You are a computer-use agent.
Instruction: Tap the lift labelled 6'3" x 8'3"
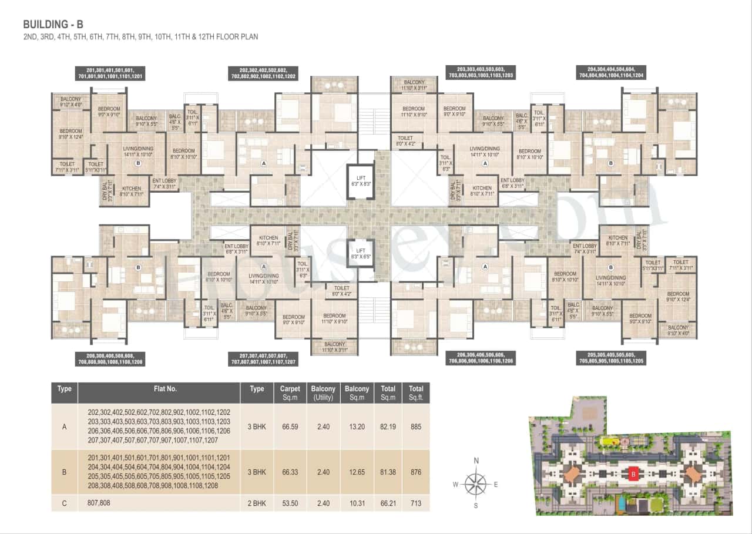[x=360, y=180]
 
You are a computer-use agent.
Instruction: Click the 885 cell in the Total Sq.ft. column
[x=416, y=427]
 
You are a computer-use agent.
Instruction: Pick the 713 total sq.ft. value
[x=416, y=503]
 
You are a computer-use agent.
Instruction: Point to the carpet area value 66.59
[x=290, y=427]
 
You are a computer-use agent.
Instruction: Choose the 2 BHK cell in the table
[x=257, y=503]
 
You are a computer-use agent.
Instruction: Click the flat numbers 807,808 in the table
[x=99, y=503]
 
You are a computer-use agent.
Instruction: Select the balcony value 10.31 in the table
[x=357, y=503]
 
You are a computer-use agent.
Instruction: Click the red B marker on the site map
[x=633, y=472]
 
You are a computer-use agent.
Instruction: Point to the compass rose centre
[x=476, y=484]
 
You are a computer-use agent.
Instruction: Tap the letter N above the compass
[x=476, y=461]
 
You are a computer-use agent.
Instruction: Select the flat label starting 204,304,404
[x=611, y=72]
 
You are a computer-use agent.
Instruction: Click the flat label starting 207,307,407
[x=263, y=359]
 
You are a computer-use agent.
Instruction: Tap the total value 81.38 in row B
[x=388, y=472]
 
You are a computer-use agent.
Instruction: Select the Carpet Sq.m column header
[x=290, y=392]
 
